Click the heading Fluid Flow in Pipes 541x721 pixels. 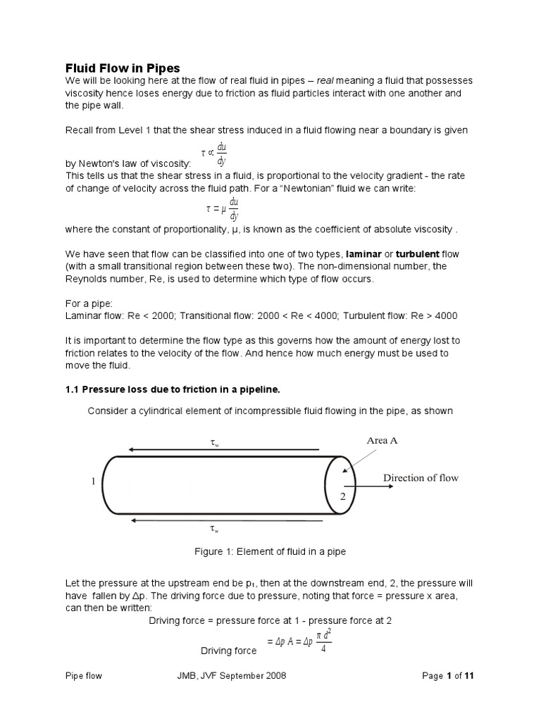(x=123, y=68)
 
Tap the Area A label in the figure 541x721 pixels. (x=382, y=441)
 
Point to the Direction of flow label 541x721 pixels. (x=421, y=478)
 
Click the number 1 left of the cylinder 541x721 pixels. (x=92, y=482)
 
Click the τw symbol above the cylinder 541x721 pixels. (x=215, y=443)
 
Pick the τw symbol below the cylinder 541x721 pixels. (x=214, y=529)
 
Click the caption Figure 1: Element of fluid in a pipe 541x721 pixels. (x=270, y=552)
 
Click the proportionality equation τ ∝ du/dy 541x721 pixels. (x=214, y=153)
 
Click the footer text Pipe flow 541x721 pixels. (x=83, y=676)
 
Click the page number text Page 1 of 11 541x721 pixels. (x=449, y=676)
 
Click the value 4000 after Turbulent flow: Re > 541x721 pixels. (x=446, y=315)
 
